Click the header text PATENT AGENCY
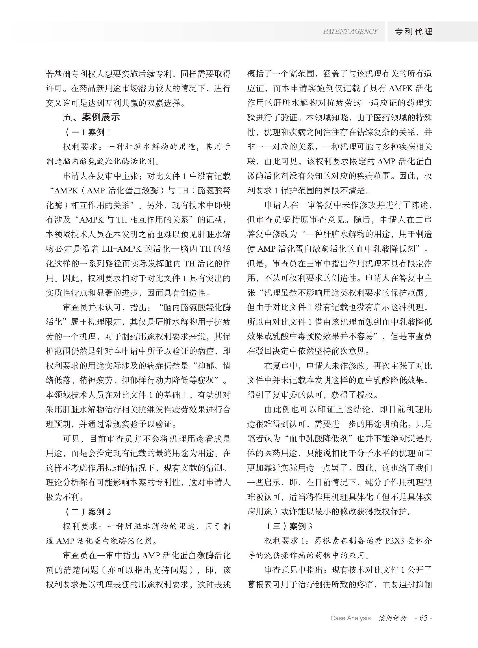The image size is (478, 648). pyautogui.click(x=350, y=31)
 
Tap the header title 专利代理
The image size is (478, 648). pyautogui.click(x=414, y=31)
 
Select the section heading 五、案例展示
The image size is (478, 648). pyautogui.click(x=91, y=117)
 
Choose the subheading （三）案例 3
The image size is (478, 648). pyautogui.click(x=288, y=526)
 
